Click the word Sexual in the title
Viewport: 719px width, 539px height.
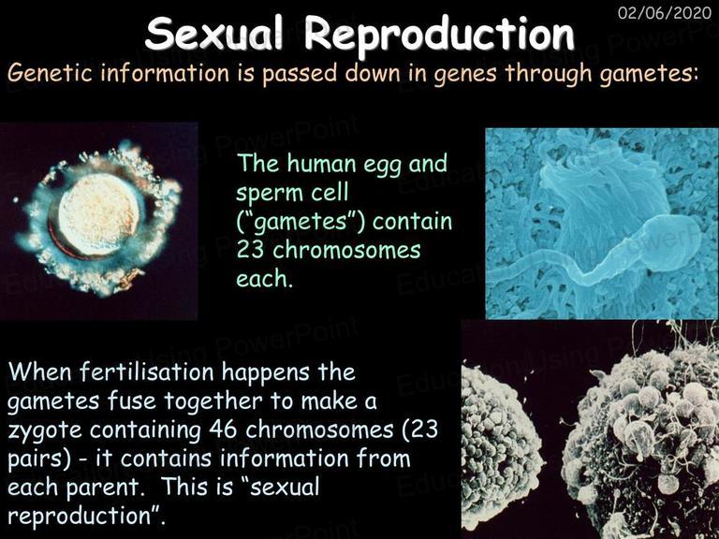213,35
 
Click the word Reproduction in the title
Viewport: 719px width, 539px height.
439,35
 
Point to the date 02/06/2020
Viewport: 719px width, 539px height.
665,12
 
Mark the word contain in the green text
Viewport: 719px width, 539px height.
412,222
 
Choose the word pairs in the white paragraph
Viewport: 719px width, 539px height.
39,459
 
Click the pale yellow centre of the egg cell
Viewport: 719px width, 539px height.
99,213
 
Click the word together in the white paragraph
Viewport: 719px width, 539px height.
213,401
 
